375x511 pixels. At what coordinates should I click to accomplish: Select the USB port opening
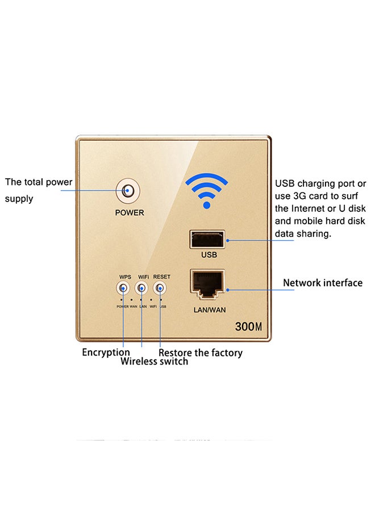point(207,240)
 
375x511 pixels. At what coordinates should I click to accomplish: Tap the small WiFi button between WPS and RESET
point(141,288)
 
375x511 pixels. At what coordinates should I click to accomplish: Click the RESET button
point(160,288)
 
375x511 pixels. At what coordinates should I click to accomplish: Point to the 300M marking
point(248,326)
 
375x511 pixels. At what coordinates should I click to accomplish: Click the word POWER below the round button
point(130,212)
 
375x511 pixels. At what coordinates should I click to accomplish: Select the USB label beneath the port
point(209,255)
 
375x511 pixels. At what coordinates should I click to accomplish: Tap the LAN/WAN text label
point(210,310)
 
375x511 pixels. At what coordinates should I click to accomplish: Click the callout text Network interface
point(323,283)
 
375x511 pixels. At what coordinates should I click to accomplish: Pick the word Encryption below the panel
point(106,352)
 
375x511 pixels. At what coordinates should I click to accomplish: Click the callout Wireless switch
point(154,362)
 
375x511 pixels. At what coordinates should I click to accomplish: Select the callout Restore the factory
point(201,353)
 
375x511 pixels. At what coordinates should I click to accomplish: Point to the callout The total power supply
point(39,190)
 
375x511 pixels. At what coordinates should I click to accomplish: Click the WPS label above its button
point(125,277)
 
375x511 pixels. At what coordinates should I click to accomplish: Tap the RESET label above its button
point(162,277)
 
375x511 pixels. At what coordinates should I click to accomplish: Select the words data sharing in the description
point(303,234)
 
